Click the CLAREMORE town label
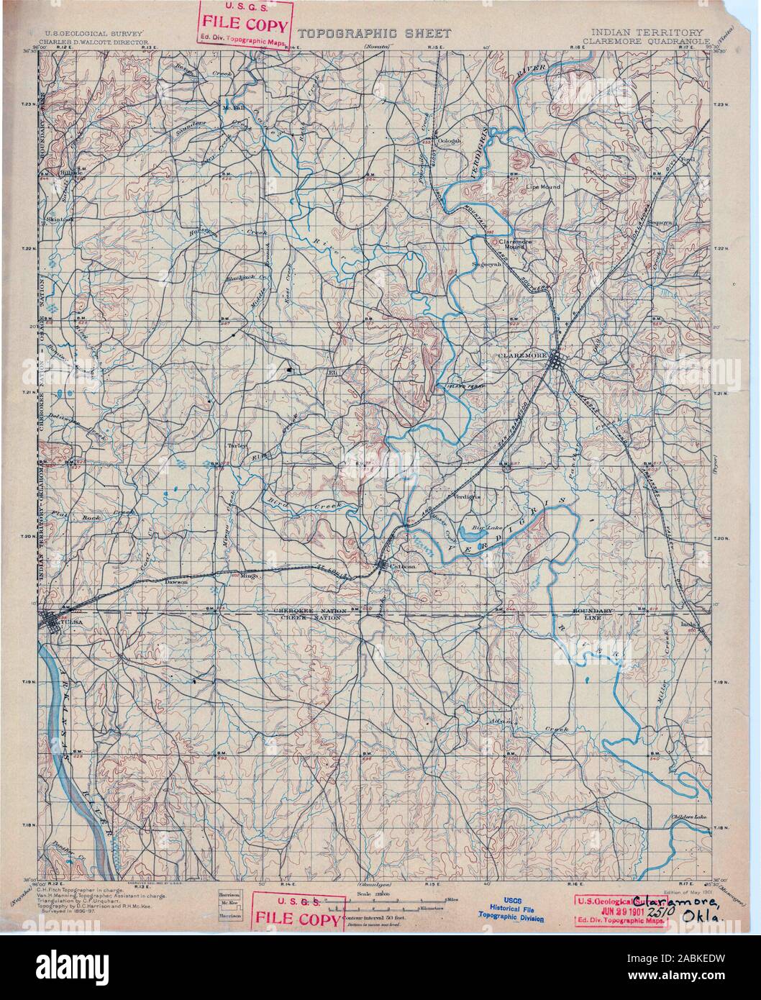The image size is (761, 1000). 521,355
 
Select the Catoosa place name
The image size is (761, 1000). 404,566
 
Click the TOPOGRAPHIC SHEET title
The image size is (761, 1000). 374,33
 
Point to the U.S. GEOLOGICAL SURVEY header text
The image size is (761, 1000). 94,33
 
